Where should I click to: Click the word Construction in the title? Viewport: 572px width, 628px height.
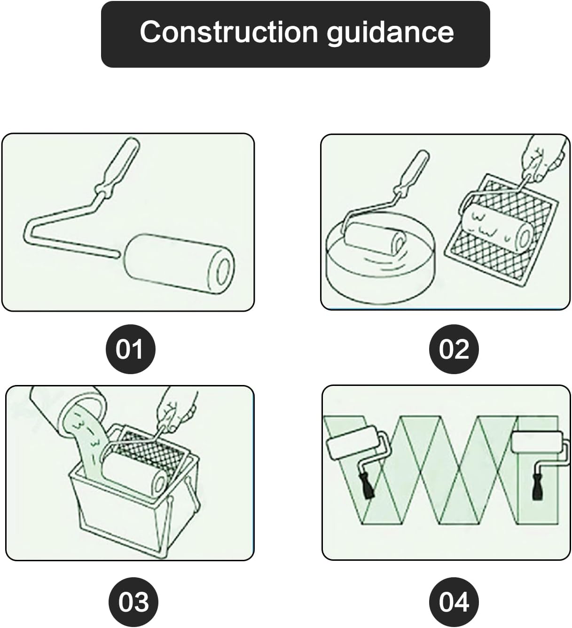coord(229,32)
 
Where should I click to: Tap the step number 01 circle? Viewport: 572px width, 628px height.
coord(130,349)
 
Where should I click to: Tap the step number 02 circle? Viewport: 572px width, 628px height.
coord(454,349)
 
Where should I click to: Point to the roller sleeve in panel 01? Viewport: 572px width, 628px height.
coord(180,264)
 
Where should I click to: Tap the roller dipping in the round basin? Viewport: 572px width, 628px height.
coord(375,238)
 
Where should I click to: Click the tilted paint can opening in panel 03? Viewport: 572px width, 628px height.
coord(84,409)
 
